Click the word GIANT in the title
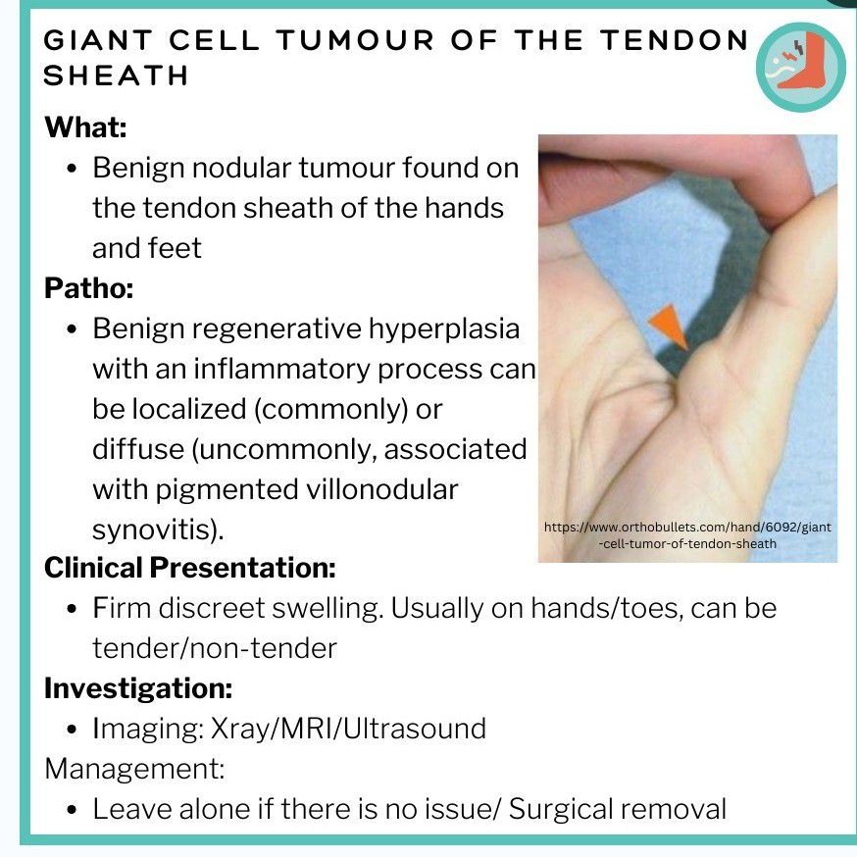[x=98, y=40]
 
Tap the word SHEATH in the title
[x=116, y=76]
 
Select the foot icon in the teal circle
[x=801, y=67]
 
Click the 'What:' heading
[x=86, y=127]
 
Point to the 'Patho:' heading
[x=88, y=288]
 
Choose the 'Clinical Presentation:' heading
[x=189, y=568]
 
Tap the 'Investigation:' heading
[x=137, y=688]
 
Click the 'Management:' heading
[x=134, y=769]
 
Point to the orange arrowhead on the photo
[x=669, y=327]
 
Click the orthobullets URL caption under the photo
[x=687, y=535]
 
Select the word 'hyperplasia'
[x=444, y=329]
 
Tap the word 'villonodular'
[x=381, y=489]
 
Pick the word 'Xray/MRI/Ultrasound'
[x=348, y=729]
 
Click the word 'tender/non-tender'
[x=214, y=649]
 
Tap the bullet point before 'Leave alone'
[x=72, y=810]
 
